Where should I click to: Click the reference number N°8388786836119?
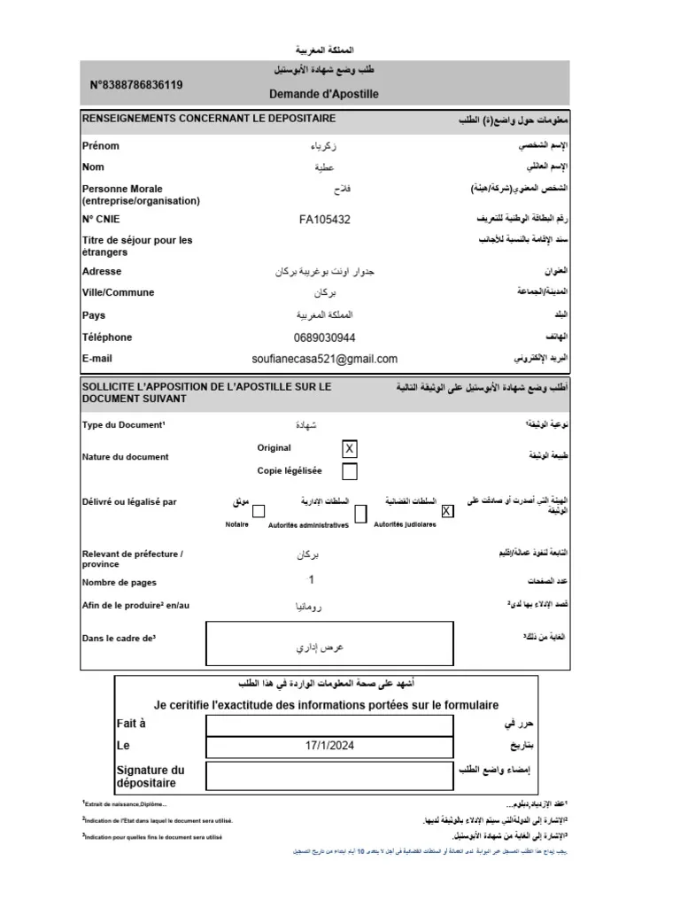pyautogui.click(x=137, y=85)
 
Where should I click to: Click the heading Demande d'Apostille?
pyautogui.click(x=323, y=93)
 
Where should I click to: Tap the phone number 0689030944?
pyautogui.click(x=324, y=337)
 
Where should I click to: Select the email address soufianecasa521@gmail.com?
pyautogui.click(x=325, y=359)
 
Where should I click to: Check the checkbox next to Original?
pyautogui.click(x=350, y=449)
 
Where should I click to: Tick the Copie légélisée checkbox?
pyautogui.click(x=350, y=471)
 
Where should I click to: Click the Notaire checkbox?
pyautogui.click(x=259, y=511)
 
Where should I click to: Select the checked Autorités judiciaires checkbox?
pyautogui.click(x=447, y=511)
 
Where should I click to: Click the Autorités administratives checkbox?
pyautogui.click(x=360, y=513)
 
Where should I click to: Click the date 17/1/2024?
pyautogui.click(x=329, y=747)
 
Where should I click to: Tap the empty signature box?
pyautogui.click(x=329, y=776)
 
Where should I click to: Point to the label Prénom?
pyautogui.click(x=100, y=146)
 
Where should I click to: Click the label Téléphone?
pyautogui.click(x=107, y=337)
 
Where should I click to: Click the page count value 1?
pyautogui.click(x=311, y=580)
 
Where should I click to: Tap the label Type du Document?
pyautogui.click(x=123, y=425)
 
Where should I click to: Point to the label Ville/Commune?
pyautogui.click(x=118, y=292)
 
